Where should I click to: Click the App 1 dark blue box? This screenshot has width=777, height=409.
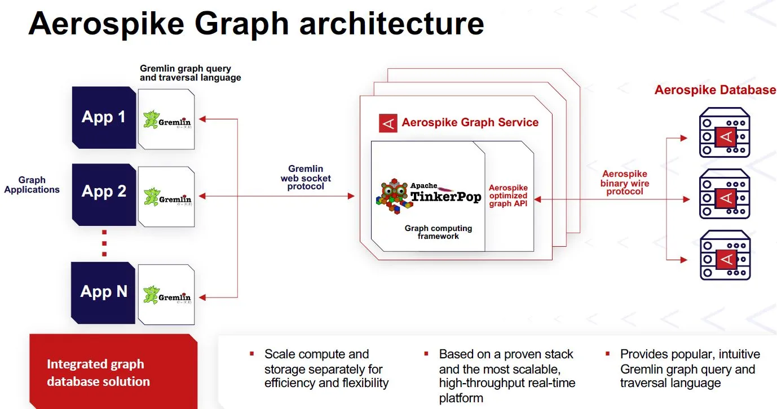click(104, 117)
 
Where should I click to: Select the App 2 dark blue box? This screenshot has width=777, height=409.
click(104, 192)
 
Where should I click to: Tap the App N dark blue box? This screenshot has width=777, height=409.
click(104, 292)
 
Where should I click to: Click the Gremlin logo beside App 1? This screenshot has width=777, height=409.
click(167, 119)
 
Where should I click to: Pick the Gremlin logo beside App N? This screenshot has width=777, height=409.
click(167, 295)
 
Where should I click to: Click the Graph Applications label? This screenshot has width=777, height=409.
click(32, 185)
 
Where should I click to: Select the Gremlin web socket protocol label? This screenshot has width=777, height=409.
click(306, 177)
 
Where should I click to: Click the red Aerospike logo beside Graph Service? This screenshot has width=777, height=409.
click(388, 123)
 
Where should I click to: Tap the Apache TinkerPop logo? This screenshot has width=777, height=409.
click(429, 195)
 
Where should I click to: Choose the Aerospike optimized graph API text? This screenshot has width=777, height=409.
click(508, 195)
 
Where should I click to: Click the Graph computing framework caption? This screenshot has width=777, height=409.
click(438, 232)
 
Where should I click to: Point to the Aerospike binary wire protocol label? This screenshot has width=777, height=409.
click(625, 183)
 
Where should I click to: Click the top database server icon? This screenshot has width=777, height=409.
click(725, 133)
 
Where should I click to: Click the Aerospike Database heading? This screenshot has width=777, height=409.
click(715, 90)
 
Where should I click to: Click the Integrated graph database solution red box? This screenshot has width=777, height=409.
click(113, 372)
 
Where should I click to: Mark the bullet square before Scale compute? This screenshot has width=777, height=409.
click(252, 354)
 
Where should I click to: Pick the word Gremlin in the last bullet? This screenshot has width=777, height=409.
click(643, 369)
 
